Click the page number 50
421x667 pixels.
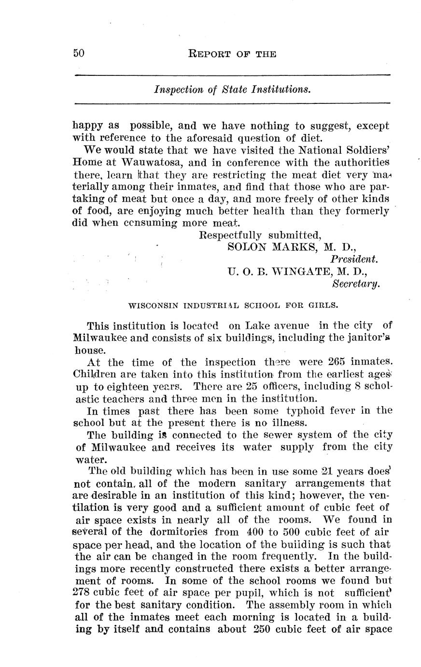[x=79, y=53]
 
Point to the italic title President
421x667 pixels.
[x=358, y=259]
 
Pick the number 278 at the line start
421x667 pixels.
[x=83, y=592]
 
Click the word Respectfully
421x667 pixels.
[x=230, y=235]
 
